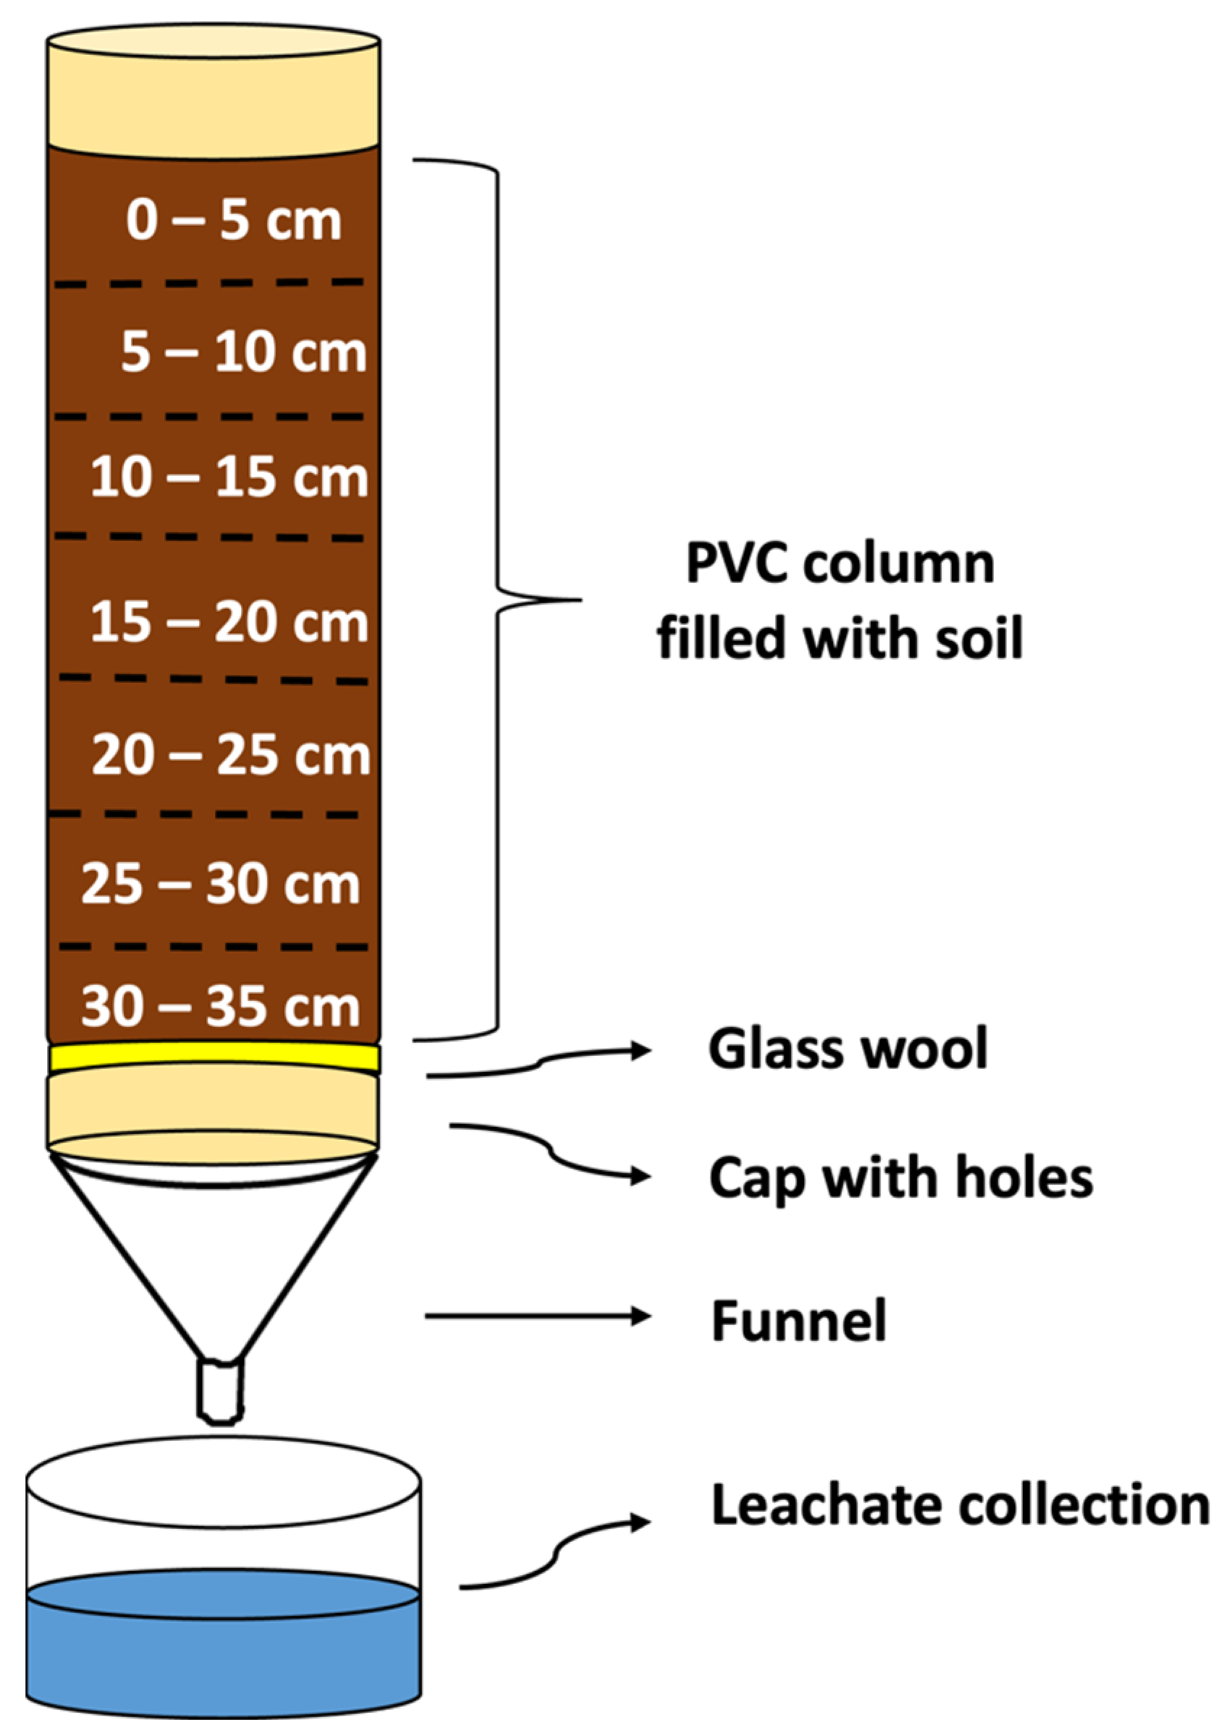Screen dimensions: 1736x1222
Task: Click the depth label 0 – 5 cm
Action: [233, 221]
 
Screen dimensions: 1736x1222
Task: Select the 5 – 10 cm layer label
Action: [244, 352]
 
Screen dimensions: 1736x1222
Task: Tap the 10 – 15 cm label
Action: [229, 478]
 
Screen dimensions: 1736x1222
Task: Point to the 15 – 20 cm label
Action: [229, 623]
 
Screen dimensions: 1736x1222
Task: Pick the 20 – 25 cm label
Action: [231, 755]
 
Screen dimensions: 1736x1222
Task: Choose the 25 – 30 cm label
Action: [220, 884]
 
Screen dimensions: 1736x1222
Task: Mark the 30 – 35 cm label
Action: [220, 1007]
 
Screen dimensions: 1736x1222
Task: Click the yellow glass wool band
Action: [213, 1056]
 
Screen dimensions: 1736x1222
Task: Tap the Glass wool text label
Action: [847, 1049]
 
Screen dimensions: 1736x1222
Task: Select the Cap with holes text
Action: [900, 1178]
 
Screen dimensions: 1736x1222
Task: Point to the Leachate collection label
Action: [959, 1505]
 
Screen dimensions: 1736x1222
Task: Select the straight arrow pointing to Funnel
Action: [537, 1316]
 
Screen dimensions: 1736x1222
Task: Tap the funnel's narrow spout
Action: [220, 1390]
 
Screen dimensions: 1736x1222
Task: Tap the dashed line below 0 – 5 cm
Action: [210, 284]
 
